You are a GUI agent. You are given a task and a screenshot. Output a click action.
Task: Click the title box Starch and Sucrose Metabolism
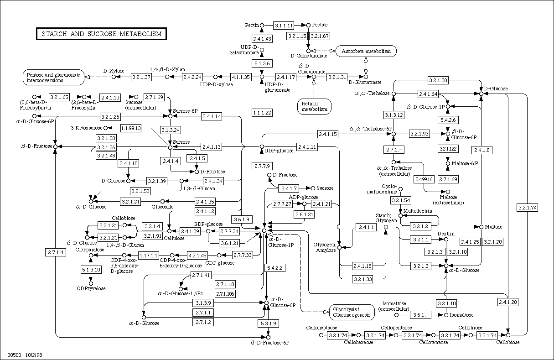101,34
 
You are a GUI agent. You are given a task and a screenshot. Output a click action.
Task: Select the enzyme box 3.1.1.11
284,25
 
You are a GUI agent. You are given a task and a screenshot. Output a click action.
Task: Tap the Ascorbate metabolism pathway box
366,51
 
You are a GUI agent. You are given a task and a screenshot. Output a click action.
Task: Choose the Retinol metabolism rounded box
314,106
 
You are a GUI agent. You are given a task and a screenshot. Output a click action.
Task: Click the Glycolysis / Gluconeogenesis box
352,312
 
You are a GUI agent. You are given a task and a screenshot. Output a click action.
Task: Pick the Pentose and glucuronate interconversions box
53,78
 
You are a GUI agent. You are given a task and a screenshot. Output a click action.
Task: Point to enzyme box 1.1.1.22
262,113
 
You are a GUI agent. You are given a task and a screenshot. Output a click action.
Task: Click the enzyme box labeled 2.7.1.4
56,252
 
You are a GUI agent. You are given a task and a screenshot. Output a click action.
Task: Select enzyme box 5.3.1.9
269,323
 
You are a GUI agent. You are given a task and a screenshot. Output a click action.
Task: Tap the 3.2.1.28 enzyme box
438,80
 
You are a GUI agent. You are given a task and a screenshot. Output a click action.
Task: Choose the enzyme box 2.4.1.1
366,227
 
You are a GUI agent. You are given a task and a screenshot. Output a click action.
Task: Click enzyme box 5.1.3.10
91,270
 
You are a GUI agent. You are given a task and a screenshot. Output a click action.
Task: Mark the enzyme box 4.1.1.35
241,77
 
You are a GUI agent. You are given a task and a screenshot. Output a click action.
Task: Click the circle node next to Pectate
308,25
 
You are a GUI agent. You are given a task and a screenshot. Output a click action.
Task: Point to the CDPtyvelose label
91,288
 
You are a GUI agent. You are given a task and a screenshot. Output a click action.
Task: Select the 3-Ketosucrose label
87,128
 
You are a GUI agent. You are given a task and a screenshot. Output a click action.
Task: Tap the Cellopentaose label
396,328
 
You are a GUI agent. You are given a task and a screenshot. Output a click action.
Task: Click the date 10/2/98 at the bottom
34,355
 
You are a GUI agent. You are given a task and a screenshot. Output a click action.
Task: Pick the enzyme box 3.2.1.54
401,200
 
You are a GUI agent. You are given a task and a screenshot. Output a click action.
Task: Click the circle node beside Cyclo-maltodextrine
400,189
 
